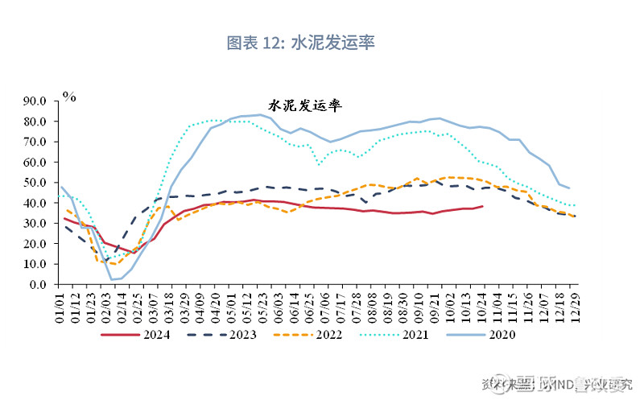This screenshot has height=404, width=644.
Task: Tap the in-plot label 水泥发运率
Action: click(305, 106)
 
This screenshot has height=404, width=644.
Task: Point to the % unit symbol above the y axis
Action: click(70, 97)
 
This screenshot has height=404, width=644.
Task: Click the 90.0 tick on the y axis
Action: click(37, 101)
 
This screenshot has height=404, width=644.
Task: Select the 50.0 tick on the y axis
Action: click(37, 183)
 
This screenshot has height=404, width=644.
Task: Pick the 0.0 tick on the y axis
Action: click(40, 284)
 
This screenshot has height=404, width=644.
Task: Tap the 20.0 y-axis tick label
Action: click(37, 244)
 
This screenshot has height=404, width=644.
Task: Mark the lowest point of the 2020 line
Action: click(112, 279)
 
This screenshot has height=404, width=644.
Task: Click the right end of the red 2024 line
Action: click(482, 206)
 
